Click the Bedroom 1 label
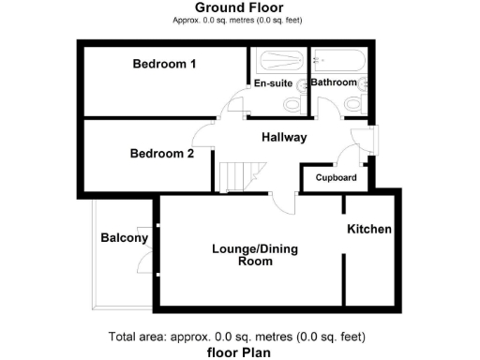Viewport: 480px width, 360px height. tap(164, 65)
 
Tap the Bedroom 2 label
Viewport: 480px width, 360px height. tap(162, 154)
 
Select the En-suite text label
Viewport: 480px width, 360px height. tap(274, 83)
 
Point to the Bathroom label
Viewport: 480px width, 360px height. tap(334, 82)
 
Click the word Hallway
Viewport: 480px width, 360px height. tap(284, 137)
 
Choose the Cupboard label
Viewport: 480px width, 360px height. tap(335, 177)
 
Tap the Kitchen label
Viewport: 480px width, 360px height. tap(369, 230)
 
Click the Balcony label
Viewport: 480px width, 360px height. tap(124, 238)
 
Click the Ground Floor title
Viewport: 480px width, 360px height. tap(239, 7)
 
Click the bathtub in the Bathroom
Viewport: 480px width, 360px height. tap(340, 61)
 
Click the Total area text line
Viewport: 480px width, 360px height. tap(236, 337)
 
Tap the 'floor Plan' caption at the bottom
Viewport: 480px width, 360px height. tap(239, 352)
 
